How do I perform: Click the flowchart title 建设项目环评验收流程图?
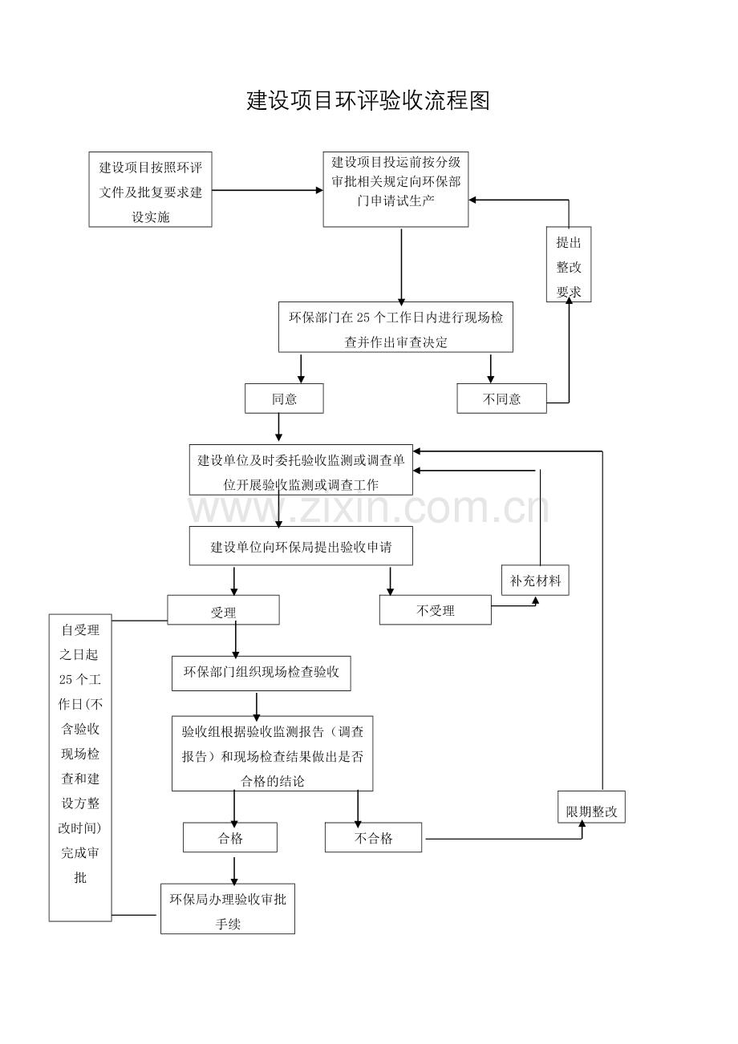click(x=368, y=101)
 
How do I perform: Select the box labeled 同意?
click(x=284, y=399)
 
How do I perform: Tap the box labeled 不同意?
click(x=501, y=399)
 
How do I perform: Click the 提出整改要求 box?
click(x=569, y=265)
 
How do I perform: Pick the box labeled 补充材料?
click(x=535, y=581)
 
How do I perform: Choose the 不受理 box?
click(x=436, y=609)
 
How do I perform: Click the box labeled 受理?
click(x=223, y=609)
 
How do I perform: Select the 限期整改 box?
click(x=592, y=807)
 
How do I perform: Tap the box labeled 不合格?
click(x=374, y=838)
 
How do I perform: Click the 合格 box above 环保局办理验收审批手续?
click(x=230, y=838)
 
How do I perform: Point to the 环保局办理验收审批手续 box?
click(x=228, y=908)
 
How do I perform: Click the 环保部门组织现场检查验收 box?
click(x=261, y=674)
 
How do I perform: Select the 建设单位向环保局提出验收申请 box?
click(x=301, y=546)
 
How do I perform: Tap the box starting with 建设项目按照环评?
click(x=150, y=190)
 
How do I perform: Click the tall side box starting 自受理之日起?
click(x=80, y=767)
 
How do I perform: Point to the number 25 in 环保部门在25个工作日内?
click(x=363, y=318)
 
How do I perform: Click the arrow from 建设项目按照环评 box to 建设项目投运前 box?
click(x=268, y=190)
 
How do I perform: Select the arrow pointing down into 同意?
click(x=301, y=369)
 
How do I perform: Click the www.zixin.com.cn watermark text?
click(x=368, y=508)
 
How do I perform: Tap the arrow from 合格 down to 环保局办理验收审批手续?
click(x=234, y=868)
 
